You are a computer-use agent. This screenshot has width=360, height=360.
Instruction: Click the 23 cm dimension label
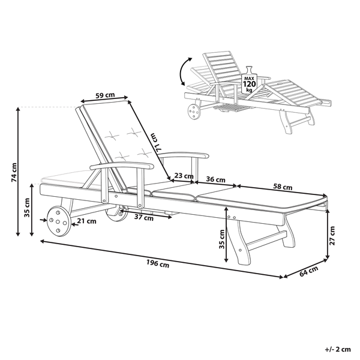tap(184, 176)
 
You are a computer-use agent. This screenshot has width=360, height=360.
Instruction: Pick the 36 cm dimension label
tap(215, 179)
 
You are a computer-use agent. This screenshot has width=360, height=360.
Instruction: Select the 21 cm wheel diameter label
tap(88, 221)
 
